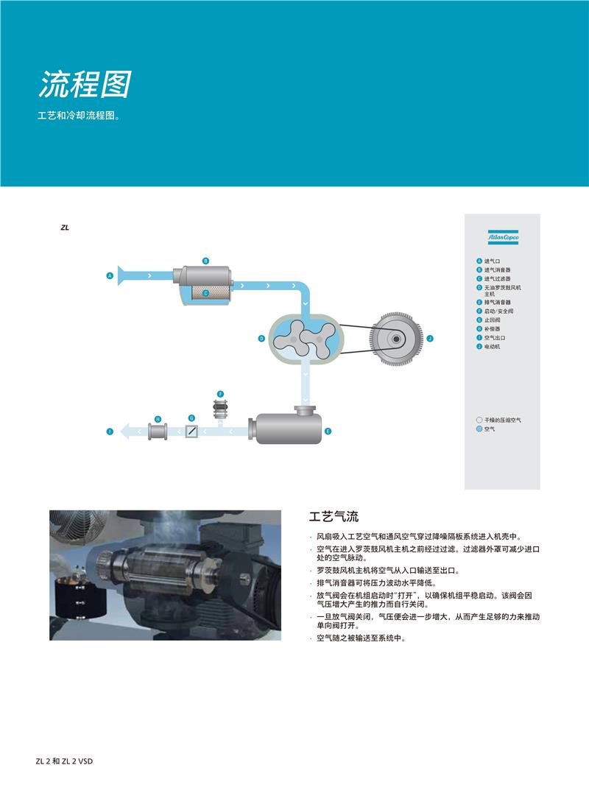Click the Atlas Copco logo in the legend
click(x=503, y=237)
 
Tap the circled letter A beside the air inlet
click(x=110, y=275)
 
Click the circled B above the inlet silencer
click(x=206, y=261)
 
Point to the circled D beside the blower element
click(x=261, y=339)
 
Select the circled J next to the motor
click(x=430, y=339)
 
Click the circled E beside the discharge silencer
click(x=328, y=431)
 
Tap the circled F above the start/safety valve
click(x=220, y=395)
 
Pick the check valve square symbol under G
click(x=191, y=431)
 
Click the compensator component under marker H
click(x=158, y=431)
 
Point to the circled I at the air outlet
click(x=110, y=431)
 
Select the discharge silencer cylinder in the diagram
click(x=288, y=429)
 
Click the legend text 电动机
click(x=492, y=346)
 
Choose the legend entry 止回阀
click(x=492, y=320)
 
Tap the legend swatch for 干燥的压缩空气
click(x=479, y=420)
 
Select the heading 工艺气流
click(x=334, y=517)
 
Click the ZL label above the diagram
click(x=65, y=228)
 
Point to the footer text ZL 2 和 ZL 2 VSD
click(x=65, y=761)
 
